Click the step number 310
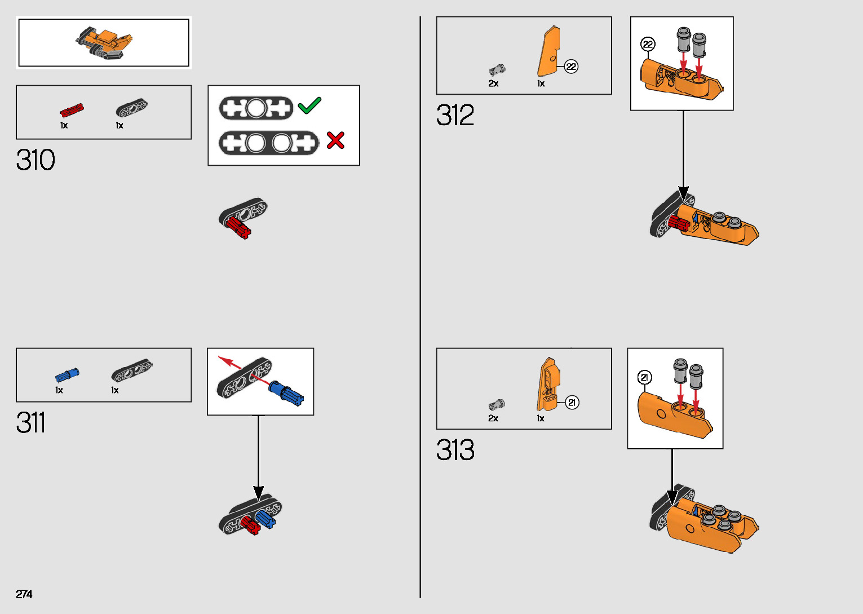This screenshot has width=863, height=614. pos(36,160)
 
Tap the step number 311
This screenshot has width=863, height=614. pos(30,423)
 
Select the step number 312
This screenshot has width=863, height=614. pos(455,116)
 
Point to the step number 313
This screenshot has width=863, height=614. pos(455,450)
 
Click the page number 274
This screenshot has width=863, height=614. pos(24,594)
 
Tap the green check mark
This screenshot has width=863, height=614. pos(309,105)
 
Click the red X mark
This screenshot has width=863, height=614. pos(335,140)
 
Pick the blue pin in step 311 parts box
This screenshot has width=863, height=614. pos(67,375)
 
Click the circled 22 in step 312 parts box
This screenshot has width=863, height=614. pos(571,67)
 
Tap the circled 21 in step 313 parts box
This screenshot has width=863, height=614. pos(572,403)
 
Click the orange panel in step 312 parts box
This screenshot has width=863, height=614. pos(548,52)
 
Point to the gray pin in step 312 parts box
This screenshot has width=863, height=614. pos(497,70)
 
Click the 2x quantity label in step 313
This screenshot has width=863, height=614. pos(493,418)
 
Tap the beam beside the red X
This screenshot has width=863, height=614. pos(268,143)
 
